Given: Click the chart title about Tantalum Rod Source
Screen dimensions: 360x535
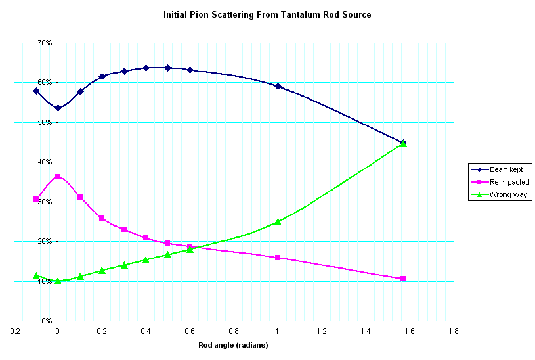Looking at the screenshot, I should [x=267, y=14].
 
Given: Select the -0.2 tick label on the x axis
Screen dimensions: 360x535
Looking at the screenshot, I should [x=14, y=332].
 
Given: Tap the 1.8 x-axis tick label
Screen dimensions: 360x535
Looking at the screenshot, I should [x=454, y=332].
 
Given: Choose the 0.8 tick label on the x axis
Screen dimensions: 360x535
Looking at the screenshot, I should [x=234, y=332].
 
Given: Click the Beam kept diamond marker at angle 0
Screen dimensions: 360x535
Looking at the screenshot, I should [x=58, y=108].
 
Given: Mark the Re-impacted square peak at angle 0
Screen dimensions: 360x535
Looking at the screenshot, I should [x=58, y=177].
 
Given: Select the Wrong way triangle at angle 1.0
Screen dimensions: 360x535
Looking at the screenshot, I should [x=278, y=222].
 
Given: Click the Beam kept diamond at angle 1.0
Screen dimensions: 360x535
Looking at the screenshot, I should [x=278, y=86].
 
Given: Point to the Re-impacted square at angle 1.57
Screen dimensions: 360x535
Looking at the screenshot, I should [x=403, y=279].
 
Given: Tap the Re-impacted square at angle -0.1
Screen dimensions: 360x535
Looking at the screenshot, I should [x=36, y=199].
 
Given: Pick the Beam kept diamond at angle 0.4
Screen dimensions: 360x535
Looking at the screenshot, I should [x=146, y=68].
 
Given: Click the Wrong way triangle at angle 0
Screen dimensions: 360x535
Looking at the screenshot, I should [x=58, y=281].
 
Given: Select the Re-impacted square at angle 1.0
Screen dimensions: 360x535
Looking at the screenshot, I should [x=278, y=258].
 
